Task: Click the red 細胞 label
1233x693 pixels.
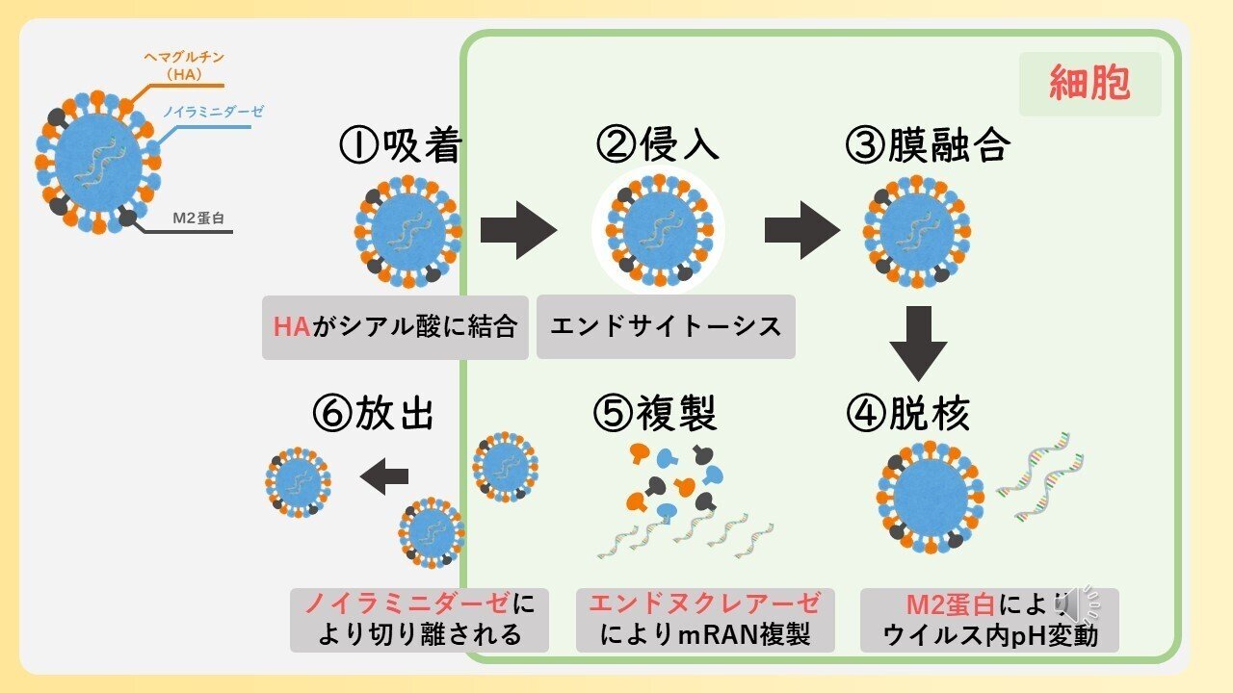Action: click(x=1089, y=84)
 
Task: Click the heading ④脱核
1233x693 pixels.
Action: click(x=907, y=414)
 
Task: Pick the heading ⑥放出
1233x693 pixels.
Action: click(x=374, y=414)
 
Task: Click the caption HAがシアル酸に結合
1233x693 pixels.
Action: click(x=395, y=327)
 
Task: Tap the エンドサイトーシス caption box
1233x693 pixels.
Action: click(x=666, y=327)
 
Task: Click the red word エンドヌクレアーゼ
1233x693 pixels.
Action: click(x=705, y=604)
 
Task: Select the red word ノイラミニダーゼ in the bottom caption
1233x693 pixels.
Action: click(x=408, y=604)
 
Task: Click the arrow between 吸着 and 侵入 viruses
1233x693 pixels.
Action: click(x=518, y=230)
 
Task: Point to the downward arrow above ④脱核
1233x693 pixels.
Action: click(x=917, y=343)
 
